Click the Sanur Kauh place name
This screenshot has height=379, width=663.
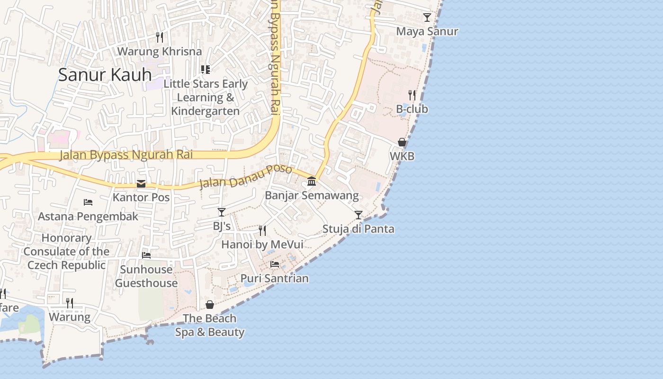(105, 74)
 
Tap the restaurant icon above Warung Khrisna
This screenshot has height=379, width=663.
(160, 37)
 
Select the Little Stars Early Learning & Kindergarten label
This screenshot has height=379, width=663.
(206, 97)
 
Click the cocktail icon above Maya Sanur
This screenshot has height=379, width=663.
(427, 18)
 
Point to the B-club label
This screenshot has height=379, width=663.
(412, 109)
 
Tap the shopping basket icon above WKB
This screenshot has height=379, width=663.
(402, 142)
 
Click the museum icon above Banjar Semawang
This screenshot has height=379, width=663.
(312, 181)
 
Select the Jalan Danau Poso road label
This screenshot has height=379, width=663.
(245, 176)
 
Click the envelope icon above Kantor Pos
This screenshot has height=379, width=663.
(141, 184)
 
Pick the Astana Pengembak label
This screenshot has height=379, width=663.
(88, 217)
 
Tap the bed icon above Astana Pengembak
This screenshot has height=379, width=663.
(88, 202)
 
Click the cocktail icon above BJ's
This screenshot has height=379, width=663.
(222, 212)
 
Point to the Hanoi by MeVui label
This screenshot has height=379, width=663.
(262, 244)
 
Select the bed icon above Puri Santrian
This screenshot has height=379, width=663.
(275, 264)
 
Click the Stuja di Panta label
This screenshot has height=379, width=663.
(358, 229)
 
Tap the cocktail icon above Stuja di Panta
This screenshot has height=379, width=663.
(358, 215)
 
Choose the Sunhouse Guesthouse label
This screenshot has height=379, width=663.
(146, 276)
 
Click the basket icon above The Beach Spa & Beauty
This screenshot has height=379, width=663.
(210, 304)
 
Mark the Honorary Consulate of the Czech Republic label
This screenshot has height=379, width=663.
(66, 251)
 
